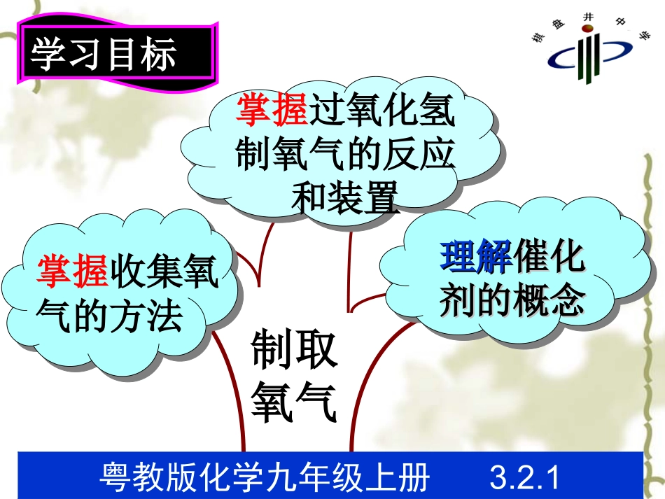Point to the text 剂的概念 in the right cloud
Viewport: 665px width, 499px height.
click(x=512, y=301)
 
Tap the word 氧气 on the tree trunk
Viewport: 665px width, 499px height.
click(x=295, y=404)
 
